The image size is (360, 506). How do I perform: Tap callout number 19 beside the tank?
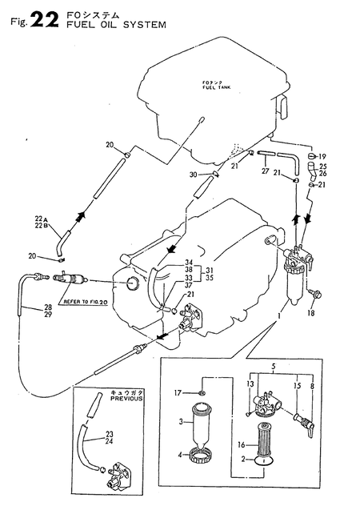point(323,156)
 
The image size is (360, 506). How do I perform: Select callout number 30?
point(193,175)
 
